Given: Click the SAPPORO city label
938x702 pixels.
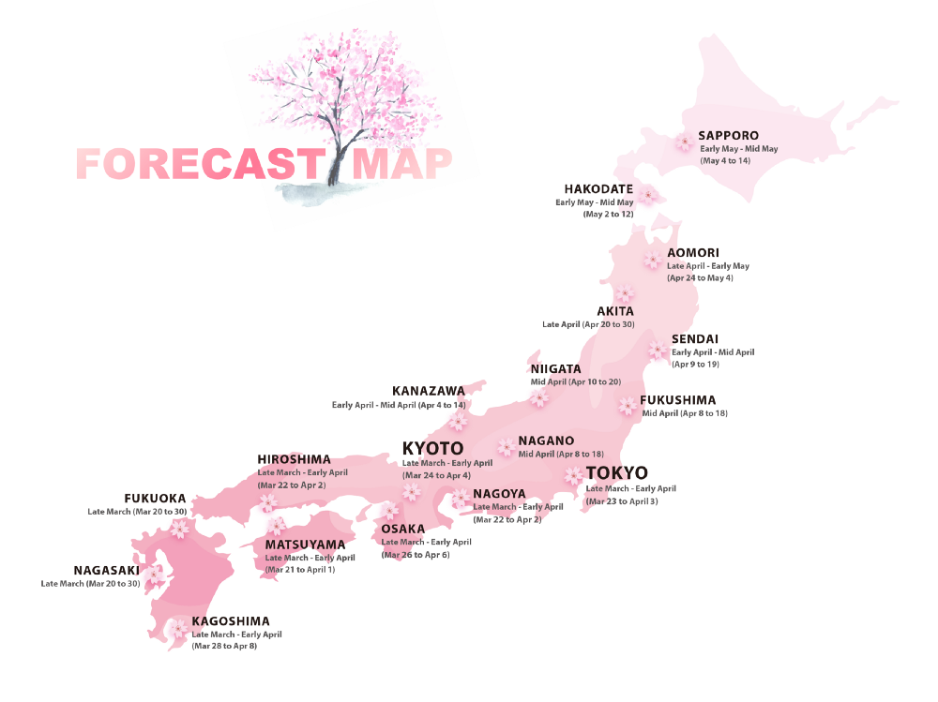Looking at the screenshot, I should pos(729,136).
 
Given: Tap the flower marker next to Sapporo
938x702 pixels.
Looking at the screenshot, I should pos(685,142).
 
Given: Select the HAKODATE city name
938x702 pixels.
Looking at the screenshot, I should pos(598,189).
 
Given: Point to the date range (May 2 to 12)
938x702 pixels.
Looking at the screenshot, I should pos(608,215).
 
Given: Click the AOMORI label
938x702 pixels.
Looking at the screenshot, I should pos(693,253).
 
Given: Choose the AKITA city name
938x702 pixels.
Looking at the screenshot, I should pos(615,311).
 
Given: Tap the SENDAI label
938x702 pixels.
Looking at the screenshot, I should pos(695,339).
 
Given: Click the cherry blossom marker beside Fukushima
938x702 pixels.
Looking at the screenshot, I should pos(627,405).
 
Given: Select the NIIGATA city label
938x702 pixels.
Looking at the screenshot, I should pos(556,369).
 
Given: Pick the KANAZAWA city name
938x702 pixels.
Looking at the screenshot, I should pos(429,391).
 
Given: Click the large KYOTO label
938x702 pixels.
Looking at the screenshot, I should pos(432,448).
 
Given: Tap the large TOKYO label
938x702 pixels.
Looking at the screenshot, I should pos(616,473).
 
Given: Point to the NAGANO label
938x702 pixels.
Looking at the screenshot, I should pos(546,441).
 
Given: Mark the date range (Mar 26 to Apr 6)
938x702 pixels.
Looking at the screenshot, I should pos(416,555).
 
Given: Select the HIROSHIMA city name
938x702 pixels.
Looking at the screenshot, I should pos(295,459).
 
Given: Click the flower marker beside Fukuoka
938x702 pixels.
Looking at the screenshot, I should pos(178,529).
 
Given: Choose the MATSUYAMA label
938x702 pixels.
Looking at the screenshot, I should pos(305,545).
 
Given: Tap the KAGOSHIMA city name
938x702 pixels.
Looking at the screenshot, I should pos(231,620).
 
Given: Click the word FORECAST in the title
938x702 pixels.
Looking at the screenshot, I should pos(199,164).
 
